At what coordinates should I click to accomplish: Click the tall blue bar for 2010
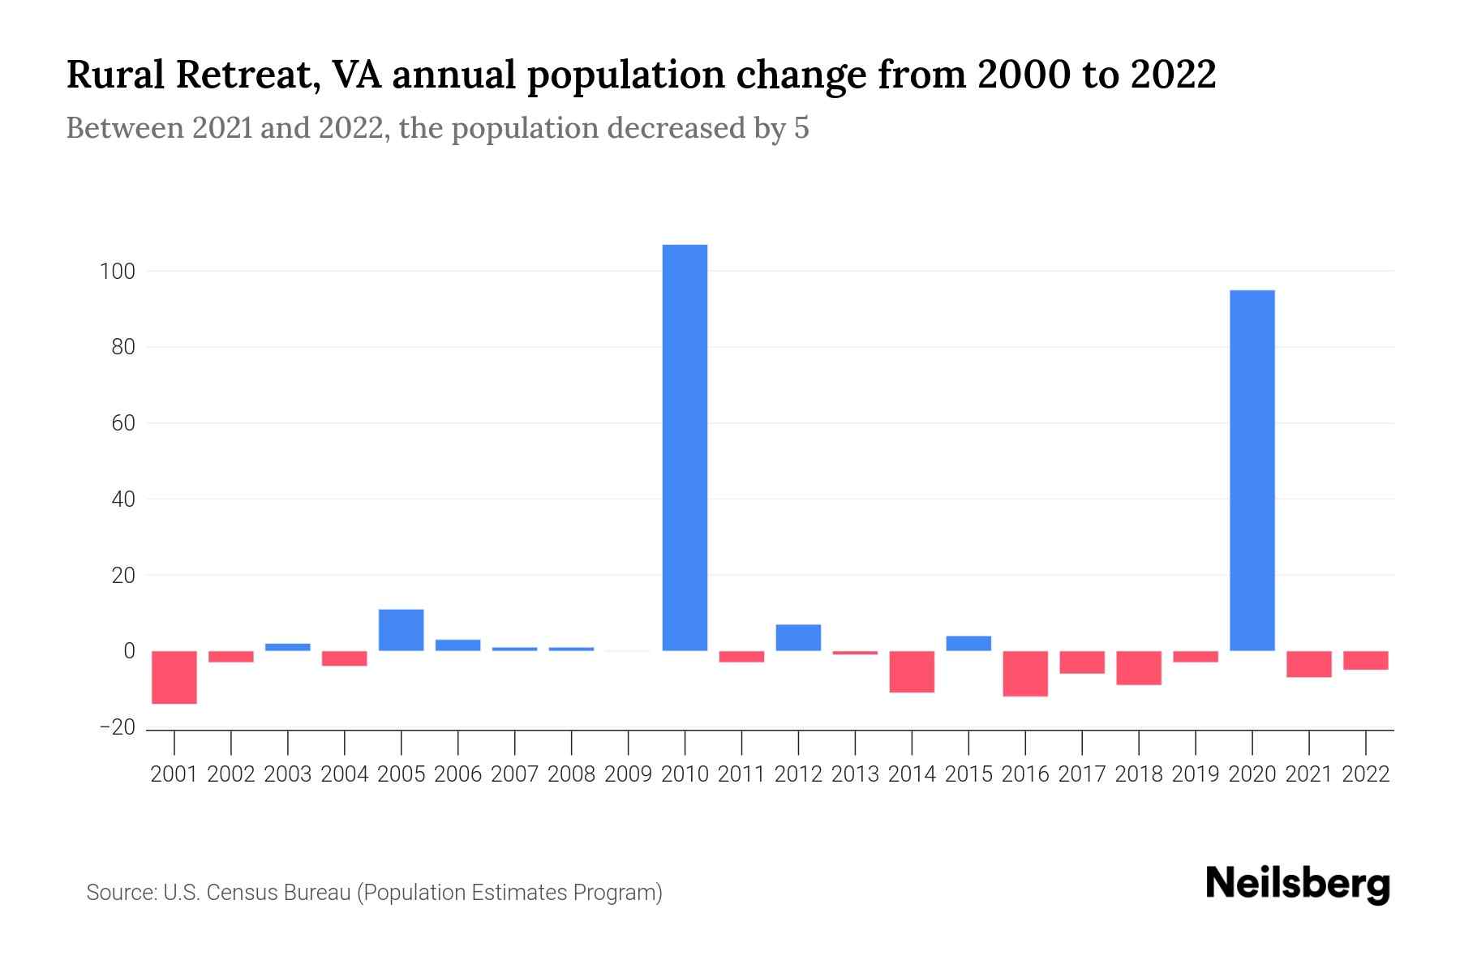click(685, 448)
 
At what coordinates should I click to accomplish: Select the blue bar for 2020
click(1252, 470)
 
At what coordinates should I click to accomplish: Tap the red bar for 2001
click(174, 677)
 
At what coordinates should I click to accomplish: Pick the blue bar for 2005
click(401, 630)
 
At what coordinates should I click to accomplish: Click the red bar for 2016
click(1025, 673)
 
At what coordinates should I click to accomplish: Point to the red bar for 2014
click(912, 671)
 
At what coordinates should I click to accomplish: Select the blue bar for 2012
click(798, 637)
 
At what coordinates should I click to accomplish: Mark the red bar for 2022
click(1366, 660)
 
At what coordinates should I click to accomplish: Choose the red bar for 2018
click(1139, 668)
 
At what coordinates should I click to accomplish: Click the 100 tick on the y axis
click(117, 272)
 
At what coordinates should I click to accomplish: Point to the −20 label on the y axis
click(117, 727)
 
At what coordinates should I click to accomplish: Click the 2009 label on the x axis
click(628, 774)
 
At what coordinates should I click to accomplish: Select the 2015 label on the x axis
click(968, 774)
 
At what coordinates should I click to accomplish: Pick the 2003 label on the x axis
click(288, 774)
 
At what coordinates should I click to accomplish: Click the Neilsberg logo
click(1298, 884)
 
